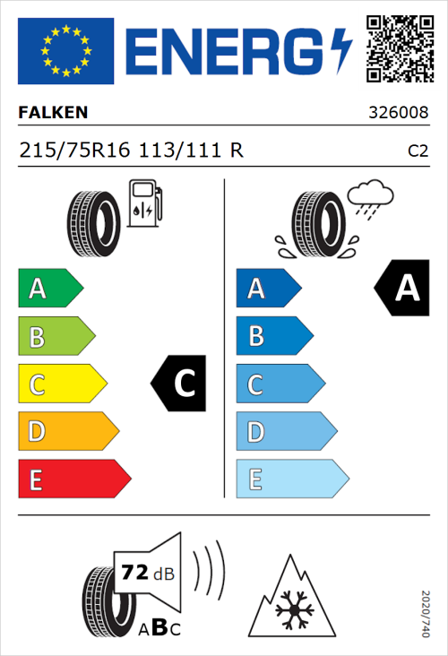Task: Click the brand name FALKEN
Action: [x=54, y=114]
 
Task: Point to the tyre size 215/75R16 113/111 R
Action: [x=131, y=151]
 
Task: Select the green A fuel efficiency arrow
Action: [x=49, y=289]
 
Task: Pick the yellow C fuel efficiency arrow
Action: [x=61, y=384]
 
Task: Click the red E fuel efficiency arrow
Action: [x=73, y=479]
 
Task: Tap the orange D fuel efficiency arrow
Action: [x=67, y=432]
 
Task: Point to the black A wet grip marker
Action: [x=402, y=289]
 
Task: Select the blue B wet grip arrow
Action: [x=274, y=336]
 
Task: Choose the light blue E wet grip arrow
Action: [x=291, y=479]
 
